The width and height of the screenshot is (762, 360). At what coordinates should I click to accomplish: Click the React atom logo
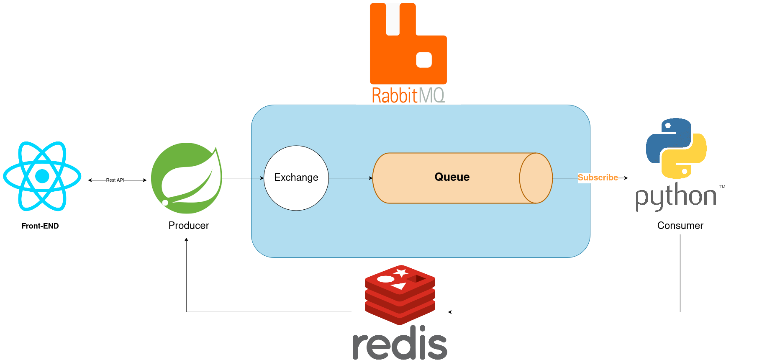[x=42, y=176]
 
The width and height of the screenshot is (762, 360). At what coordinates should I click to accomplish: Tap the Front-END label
[x=40, y=226]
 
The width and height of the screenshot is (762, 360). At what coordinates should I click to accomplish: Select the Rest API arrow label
[x=115, y=180]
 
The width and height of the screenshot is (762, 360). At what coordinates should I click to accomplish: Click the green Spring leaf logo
[x=186, y=178]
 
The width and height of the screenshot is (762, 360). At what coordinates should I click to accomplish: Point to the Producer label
[x=189, y=226]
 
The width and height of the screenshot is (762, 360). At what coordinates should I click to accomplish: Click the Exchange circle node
[x=296, y=178]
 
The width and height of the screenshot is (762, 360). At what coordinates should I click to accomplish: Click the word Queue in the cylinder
[x=452, y=177]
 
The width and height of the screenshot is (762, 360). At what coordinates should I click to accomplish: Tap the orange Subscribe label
[x=598, y=177]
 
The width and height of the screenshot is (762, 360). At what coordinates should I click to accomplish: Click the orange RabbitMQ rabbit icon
[x=408, y=44]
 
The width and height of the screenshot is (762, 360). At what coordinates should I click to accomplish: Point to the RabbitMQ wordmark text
[x=408, y=95]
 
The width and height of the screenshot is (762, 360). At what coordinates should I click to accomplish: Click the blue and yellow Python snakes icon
[x=676, y=148]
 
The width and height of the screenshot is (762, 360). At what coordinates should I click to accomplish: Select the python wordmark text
[x=676, y=197]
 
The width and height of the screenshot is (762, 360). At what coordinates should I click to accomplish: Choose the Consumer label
[x=680, y=226]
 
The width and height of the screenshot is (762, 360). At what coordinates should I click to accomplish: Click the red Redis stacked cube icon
[x=400, y=295]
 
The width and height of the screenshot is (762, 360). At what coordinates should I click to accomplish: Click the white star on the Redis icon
[x=401, y=273]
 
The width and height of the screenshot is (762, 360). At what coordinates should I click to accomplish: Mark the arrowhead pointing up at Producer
[x=186, y=239]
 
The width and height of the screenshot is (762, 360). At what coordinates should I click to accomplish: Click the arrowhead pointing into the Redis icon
[x=450, y=312]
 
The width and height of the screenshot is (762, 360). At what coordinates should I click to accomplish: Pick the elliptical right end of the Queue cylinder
[x=536, y=178]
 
